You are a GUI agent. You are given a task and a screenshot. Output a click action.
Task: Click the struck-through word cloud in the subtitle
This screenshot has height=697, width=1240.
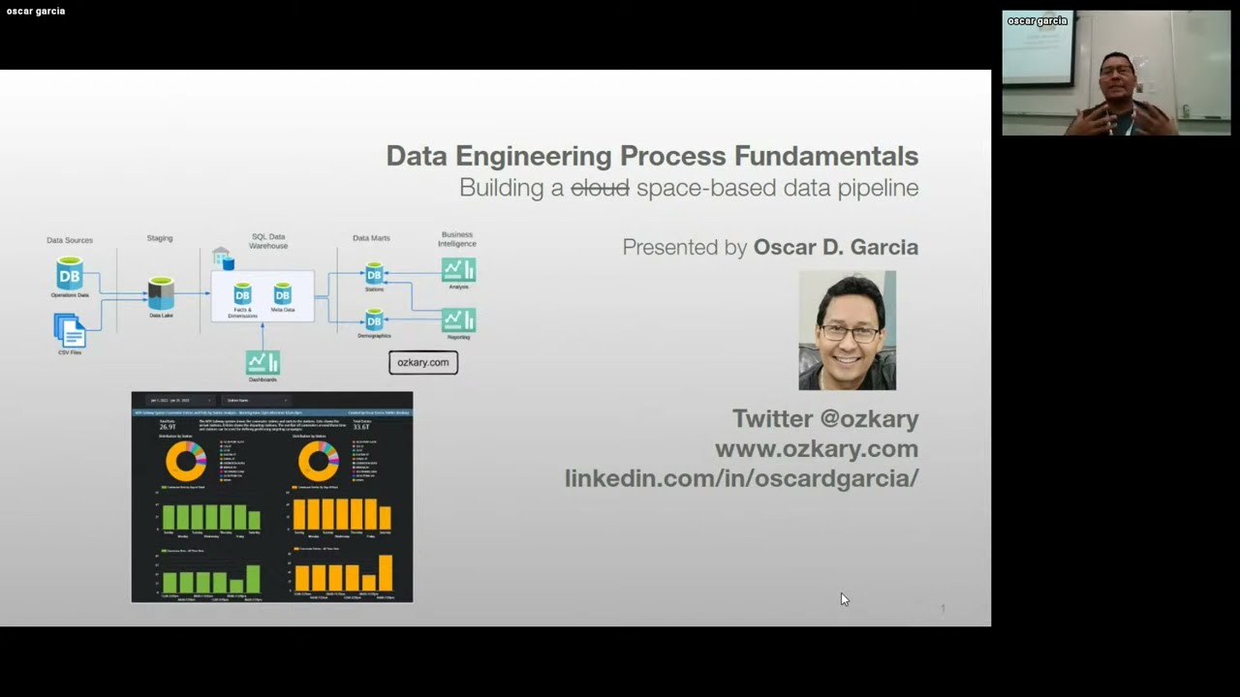tap(600, 188)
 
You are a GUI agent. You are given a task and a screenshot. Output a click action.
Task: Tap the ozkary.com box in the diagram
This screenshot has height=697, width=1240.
tap(423, 362)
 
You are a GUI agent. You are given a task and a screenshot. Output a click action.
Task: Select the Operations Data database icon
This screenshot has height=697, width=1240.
tap(70, 274)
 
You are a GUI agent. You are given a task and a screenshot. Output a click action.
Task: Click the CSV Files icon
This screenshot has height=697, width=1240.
tap(70, 331)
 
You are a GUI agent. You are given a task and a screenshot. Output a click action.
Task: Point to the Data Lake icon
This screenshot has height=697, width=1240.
tap(161, 293)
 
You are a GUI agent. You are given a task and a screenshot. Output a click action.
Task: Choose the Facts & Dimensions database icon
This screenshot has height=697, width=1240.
tap(242, 293)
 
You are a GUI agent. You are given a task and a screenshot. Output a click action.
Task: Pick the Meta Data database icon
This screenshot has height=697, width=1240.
tap(282, 293)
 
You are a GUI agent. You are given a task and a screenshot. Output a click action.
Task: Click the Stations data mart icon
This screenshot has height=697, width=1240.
tap(374, 274)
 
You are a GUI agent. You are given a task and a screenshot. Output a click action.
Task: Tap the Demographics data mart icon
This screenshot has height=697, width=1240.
tap(374, 319)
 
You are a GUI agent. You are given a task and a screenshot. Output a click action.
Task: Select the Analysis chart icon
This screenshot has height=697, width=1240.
tap(458, 270)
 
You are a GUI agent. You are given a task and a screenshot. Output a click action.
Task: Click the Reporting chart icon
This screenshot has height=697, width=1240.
tap(458, 320)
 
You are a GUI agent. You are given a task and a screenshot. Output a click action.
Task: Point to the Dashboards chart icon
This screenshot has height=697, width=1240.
tap(263, 362)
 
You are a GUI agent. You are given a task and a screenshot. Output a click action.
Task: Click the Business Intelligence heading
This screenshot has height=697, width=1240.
tap(457, 239)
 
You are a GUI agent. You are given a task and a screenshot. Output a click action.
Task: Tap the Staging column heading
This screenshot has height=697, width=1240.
tap(160, 238)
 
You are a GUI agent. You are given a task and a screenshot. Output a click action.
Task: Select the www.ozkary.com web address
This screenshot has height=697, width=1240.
tap(816, 448)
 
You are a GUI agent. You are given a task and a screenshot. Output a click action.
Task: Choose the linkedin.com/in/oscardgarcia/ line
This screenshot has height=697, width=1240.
tap(741, 478)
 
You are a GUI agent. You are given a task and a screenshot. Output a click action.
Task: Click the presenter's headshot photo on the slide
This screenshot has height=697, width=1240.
tap(847, 330)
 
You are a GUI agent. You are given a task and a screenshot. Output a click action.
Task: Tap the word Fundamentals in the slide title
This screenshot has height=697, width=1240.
tap(825, 156)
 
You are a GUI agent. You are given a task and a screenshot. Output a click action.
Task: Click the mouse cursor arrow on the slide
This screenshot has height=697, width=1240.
tap(844, 599)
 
